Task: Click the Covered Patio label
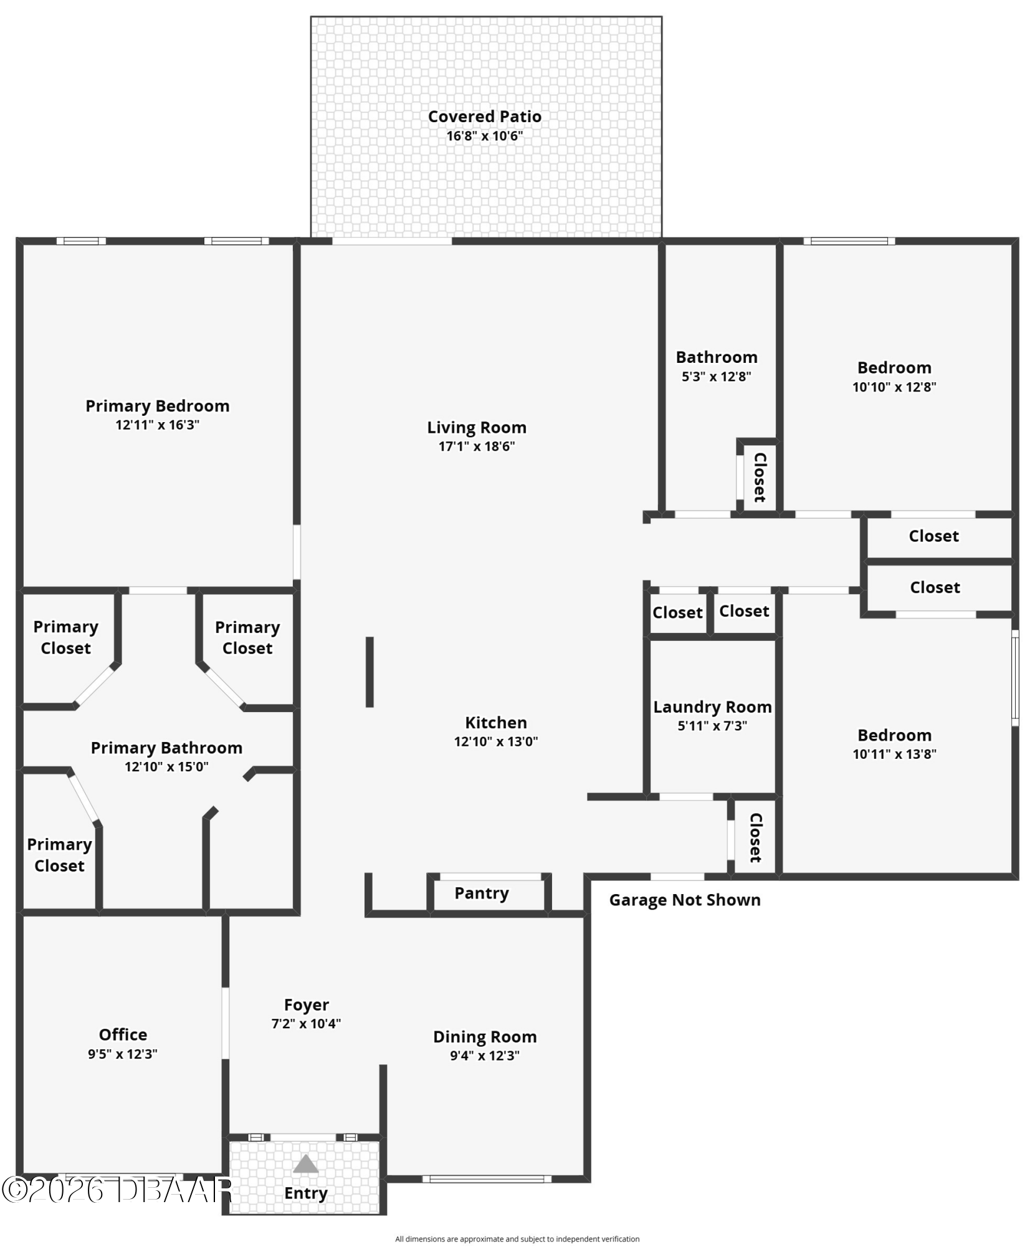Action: pos(484,117)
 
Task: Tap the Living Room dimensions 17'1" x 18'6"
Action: pos(477,446)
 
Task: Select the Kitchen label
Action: pos(496,723)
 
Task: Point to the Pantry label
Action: pos(482,893)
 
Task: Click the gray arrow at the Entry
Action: pos(305,1164)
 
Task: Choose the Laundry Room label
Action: pos(712,707)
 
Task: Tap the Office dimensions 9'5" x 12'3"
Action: pos(123,1054)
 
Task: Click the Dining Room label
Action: pos(485,1037)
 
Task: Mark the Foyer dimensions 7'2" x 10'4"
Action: pos(306,1024)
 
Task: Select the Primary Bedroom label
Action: pos(158,406)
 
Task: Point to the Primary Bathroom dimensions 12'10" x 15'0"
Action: pos(166,767)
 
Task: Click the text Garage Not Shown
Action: pos(685,900)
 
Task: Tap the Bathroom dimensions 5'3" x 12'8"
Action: pos(717,377)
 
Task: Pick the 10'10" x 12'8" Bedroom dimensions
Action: pos(894,387)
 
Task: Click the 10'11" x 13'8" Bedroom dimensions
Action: pos(894,754)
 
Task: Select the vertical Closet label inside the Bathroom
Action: pos(760,477)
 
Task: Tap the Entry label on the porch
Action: pos(306,1193)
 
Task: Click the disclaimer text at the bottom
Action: pos(517,1239)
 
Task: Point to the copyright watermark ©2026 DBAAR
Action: pos(117,1190)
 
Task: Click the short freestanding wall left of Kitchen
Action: pos(370,672)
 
